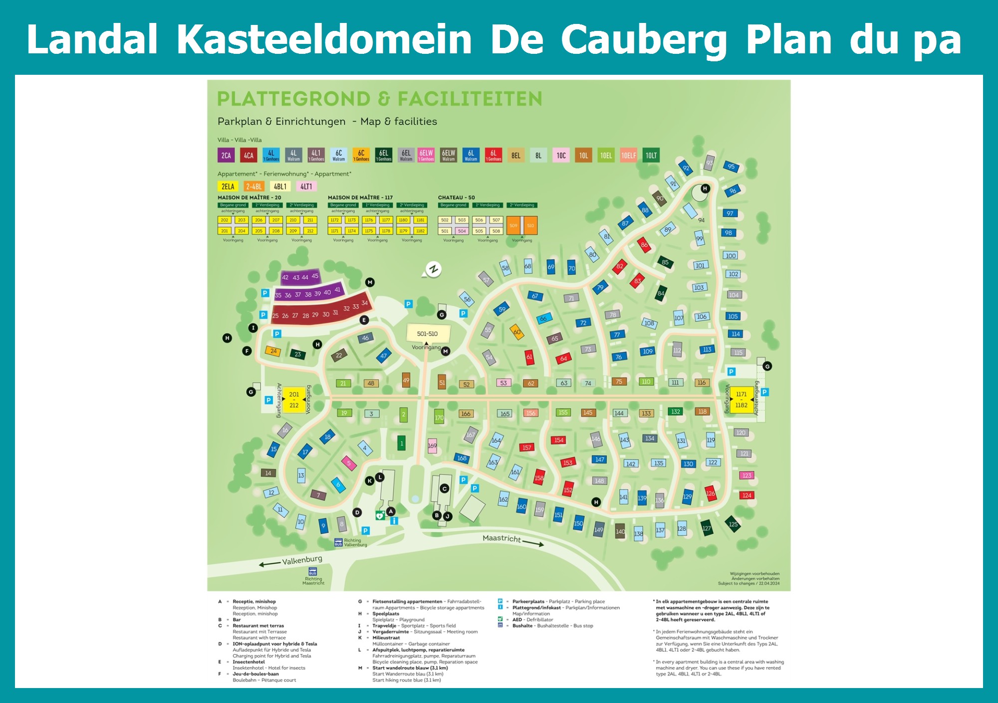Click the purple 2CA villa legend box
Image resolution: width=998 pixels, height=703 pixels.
coord(226,156)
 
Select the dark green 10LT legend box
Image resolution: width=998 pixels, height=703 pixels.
coord(651,156)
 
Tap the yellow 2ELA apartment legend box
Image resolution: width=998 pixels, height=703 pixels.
coord(228,186)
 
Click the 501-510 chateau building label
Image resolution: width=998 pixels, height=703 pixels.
coord(428,334)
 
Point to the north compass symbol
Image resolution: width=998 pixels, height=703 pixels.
coord(433,270)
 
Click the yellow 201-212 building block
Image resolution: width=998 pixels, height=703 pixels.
coord(294,400)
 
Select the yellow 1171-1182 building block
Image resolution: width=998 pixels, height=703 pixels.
coord(742,399)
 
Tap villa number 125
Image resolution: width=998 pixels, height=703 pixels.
coord(733,524)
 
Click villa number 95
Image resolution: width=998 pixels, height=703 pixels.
coord(731,167)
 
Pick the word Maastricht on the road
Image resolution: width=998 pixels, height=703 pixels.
coord(501,538)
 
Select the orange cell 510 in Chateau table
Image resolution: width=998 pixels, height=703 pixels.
coord(530,225)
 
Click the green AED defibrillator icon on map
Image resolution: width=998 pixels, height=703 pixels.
coord(380,516)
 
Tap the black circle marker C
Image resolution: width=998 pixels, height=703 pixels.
coord(445,489)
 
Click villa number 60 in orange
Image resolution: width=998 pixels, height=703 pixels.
coord(517,332)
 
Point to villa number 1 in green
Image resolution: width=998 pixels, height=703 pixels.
coord(402,443)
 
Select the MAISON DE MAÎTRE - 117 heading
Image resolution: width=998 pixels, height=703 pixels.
coord(360,197)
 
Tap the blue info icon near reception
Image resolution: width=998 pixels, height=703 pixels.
coord(394,521)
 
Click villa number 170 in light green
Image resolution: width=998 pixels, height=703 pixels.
coord(439,417)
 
